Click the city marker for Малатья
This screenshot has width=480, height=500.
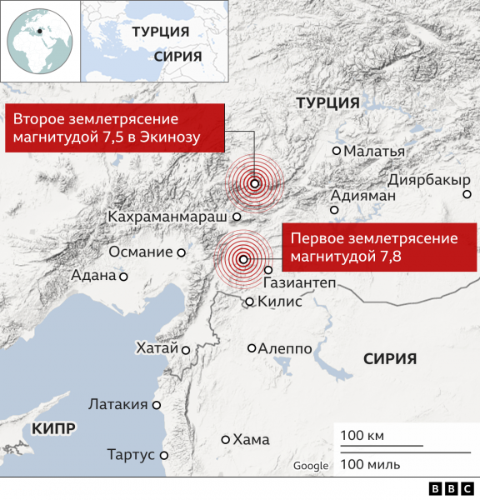point(337,151)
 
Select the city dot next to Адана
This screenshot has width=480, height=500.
point(123,276)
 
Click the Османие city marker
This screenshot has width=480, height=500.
point(181,252)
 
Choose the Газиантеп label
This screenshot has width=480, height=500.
point(299,283)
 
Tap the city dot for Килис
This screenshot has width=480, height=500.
point(249,302)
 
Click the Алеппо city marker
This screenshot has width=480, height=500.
point(252,349)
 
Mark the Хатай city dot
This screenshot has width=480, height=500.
point(187,350)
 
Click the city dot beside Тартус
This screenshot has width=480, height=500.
point(164,455)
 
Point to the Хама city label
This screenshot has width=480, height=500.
point(252,439)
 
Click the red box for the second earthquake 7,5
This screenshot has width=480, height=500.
point(116,127)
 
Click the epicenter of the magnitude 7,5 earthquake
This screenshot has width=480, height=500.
point(254,184)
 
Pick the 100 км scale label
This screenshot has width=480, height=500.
point(361,435)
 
